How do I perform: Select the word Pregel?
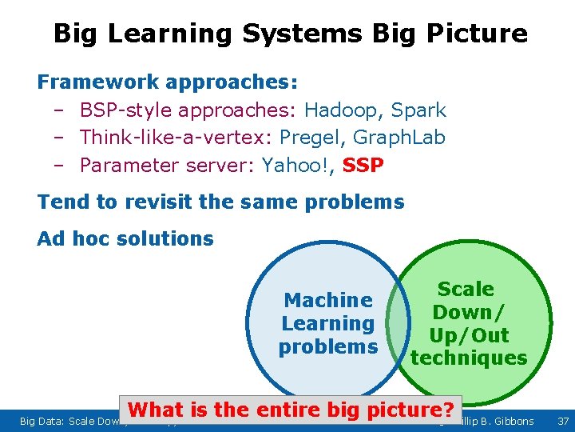311,138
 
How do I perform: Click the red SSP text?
363,166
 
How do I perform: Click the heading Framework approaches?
168,82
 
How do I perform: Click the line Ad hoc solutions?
125,238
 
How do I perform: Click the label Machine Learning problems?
328,323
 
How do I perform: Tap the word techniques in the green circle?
469,358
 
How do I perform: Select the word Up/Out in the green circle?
469,334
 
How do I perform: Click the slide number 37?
562,421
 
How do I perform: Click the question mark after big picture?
455,410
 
